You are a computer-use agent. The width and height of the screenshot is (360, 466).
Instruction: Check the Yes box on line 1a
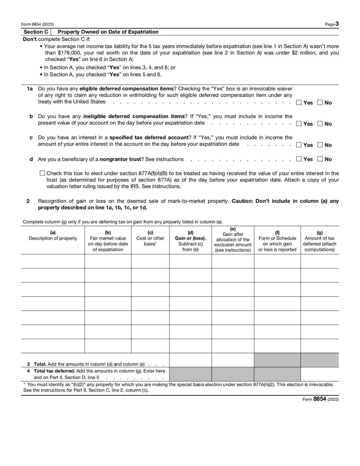pos(299,103)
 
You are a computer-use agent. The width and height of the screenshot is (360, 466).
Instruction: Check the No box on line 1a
pos(320,103)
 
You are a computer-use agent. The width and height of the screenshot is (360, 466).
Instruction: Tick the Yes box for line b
pos(299,124)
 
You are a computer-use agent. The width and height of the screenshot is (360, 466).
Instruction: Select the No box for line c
pos(320,145)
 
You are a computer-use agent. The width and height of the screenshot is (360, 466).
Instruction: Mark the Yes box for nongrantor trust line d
pos(299,159)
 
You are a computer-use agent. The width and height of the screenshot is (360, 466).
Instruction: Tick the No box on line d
pos(320,159)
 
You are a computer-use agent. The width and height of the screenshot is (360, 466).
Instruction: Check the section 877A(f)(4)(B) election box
pos(42,173)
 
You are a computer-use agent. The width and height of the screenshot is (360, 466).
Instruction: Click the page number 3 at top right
pos(337,24)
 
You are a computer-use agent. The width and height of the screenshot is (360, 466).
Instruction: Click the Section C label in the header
pos(36,32)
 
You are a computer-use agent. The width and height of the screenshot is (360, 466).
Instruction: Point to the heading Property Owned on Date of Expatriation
pos(108,32)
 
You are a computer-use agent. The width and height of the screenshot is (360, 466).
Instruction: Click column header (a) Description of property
pos(53,235)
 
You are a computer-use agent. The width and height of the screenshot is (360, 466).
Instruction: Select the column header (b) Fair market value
pos(108,241)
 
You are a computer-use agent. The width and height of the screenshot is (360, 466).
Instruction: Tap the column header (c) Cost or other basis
pos(150,238)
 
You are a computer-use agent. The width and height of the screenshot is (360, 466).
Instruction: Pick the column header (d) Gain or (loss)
pos(190,241)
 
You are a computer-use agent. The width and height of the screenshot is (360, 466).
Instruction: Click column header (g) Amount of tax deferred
pos(319,241)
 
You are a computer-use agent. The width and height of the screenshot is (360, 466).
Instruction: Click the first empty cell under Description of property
pos(53,261)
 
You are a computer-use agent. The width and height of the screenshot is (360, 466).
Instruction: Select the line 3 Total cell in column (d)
pos(190,360)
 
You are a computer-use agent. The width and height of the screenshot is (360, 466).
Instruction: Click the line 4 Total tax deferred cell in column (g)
pos(319,374)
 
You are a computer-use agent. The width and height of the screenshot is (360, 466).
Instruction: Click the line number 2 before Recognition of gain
pos(28,201)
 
